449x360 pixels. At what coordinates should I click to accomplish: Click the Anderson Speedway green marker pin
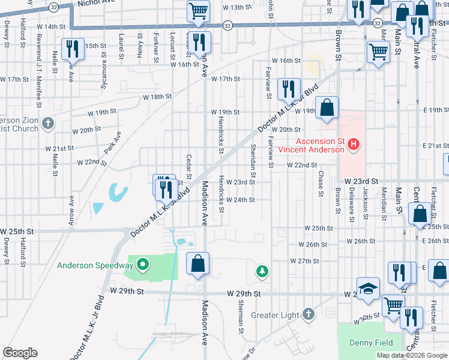point(143,264)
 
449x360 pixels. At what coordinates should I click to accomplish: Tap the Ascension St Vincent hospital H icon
point(354,144)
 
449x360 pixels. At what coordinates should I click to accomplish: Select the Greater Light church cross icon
point(308,314)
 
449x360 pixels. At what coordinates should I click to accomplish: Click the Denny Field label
point(371,343)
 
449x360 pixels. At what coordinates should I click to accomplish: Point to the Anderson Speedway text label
point(95,265)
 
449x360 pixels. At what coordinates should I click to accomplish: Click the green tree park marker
point(262,272)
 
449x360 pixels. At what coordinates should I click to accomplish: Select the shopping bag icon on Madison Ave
point(198,264)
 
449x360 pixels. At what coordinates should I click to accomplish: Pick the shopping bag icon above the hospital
point(327,108)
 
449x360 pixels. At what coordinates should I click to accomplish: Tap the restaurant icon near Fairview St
point(289,89)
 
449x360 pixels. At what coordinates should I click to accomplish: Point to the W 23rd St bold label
point(361,181)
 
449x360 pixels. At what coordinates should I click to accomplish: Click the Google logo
point(20,353)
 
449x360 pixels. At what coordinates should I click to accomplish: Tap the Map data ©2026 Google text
point(412,355)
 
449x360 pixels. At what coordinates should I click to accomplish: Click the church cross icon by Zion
point(48,124)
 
